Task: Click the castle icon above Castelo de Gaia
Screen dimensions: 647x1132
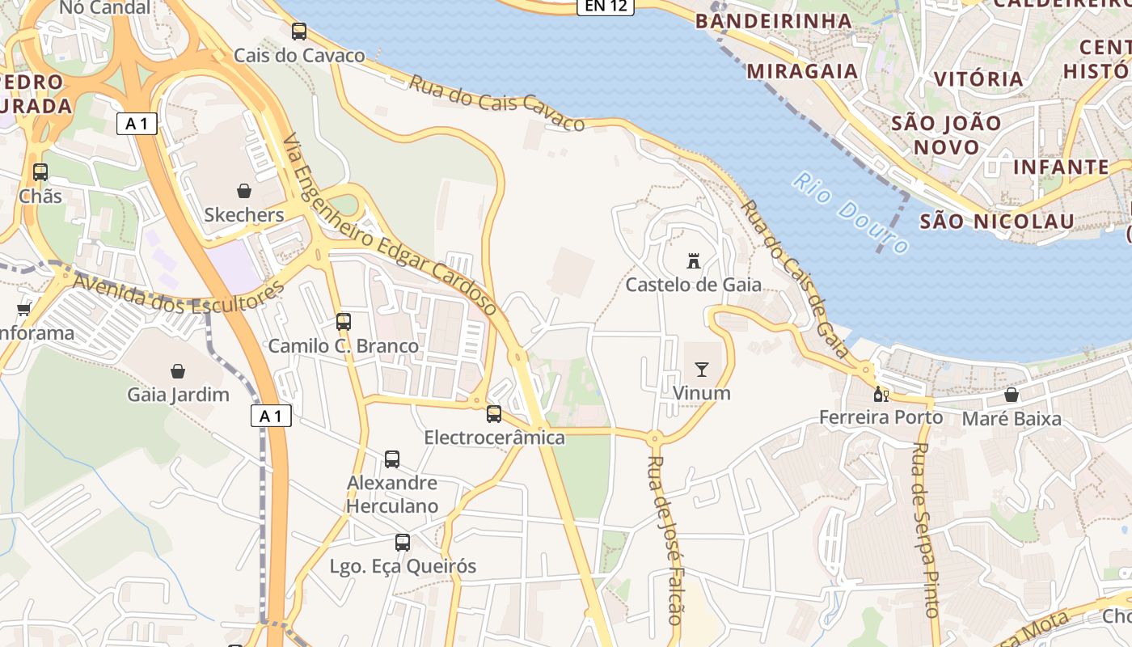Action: tap(693, 260)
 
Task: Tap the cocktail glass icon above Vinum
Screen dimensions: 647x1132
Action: tap(701, 370)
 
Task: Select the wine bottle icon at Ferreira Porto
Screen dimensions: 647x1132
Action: tap(881, 395)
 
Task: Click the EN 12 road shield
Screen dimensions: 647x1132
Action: tap(606, 6)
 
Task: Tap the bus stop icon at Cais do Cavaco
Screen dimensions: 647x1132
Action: tap(299, 32)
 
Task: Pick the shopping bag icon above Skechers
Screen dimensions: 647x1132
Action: tap(244, 191)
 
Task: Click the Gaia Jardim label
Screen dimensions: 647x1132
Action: tap(178, 395)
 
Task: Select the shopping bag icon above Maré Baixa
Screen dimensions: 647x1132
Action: tap(1011, 395)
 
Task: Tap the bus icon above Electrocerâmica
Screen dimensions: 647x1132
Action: tap(494, 414)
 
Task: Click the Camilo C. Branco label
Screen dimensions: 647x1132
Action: tap(344, 346)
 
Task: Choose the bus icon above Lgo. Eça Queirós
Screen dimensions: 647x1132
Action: tap(402, 543)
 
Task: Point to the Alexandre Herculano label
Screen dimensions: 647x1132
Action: tap(392, 494)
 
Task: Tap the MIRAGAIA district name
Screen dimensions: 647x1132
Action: tap(802, 71)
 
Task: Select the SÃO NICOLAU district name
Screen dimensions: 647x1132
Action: tap(997, 222)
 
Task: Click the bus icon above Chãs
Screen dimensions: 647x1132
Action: tap(40, 172)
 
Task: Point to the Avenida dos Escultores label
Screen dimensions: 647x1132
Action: tap(179, 296)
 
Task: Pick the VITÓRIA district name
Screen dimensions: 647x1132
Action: tap(978, 79)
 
